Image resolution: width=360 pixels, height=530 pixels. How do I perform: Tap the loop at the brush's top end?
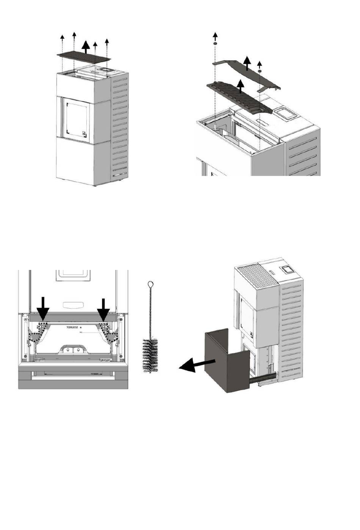pos(150,284)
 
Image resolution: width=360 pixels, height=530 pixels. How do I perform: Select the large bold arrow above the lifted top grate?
pos(86,47)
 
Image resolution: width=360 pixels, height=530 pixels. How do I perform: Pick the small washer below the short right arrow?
pos(260,71)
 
